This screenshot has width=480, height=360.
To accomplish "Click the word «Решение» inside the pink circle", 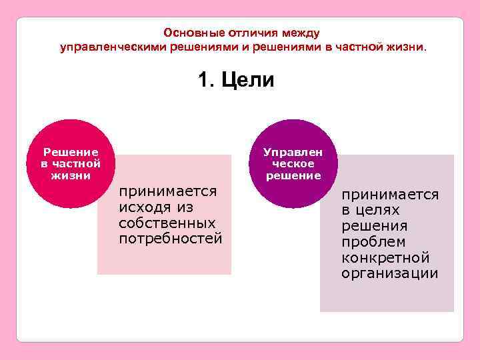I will click(x=71, y=152).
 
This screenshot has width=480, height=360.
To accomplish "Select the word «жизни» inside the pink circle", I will click(x=71, y=175).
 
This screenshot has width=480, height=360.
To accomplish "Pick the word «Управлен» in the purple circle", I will click(x=293, y=152).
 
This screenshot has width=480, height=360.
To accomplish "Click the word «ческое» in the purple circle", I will click(x=293, y=163).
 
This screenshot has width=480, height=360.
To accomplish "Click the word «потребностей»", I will click(x=170, y=238).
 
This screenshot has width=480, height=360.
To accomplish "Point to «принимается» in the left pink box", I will click(x=167, y=191).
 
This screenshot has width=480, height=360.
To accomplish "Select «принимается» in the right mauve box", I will click(x=390, y=195).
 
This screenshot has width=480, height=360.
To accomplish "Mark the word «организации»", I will click(x=389, y=273).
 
